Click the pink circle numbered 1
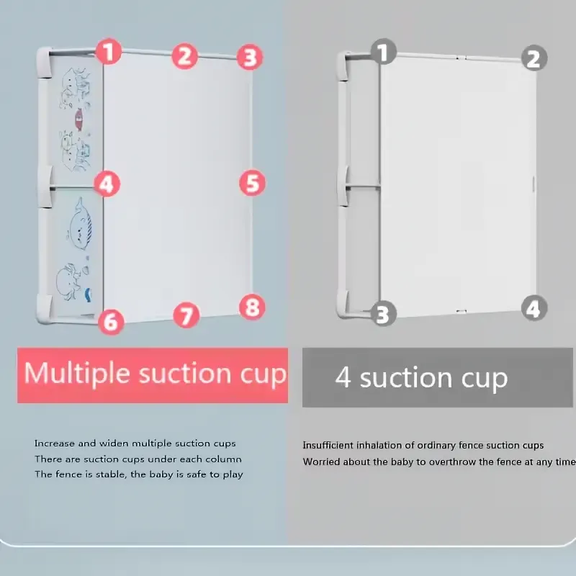coord(109,51)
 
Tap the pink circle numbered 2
coord(185,56)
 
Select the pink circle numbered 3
coord(250,57)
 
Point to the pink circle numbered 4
coord(107,184)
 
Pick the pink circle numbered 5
coord(253,183)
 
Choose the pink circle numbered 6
coord(111,321)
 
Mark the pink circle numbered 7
coord(186,315)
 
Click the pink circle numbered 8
coord(252,307)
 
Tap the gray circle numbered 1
coord(384,52)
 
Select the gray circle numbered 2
coord(534,58)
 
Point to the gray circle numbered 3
coord(383,313)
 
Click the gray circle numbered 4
coord(534,308)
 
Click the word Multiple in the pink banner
coord(77,374)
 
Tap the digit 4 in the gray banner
coord(343,377)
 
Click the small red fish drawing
coord(78,119)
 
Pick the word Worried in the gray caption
coord(318,462)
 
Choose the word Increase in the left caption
coord(55,444)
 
